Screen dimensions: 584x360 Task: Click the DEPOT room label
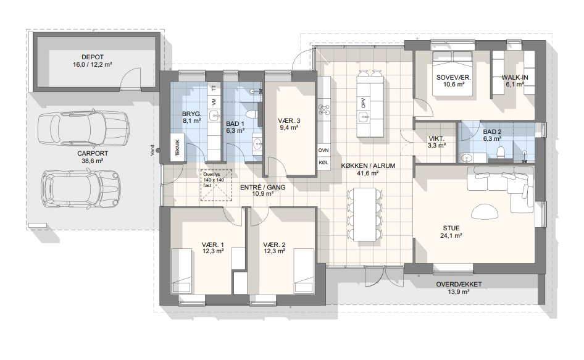click(93, 57)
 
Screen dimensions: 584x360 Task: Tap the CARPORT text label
click(93, 153)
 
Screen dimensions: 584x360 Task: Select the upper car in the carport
click(83, 128)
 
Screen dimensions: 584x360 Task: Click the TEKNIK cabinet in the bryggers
click(178, 148)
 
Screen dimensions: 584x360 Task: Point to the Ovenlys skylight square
click(217, 185)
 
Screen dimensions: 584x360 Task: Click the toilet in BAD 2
click(501, 152)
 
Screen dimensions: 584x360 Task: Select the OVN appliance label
click(323, 150)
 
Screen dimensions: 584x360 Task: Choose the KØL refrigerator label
click(323, 163)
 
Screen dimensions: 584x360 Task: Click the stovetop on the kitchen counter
click(323, 109)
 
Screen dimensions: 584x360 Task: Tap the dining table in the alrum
click(365, 214)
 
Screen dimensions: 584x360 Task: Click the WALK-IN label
click(515, 78)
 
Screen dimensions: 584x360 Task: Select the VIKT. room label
click(436, 139)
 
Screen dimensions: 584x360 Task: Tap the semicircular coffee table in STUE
click(485, 212)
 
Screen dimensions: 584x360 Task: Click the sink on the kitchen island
click(364, 117)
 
